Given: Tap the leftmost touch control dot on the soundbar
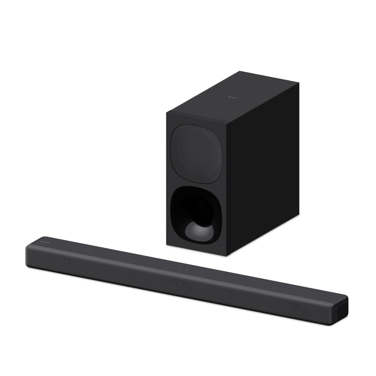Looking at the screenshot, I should coord(175,268).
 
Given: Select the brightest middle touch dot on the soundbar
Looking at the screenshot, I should coord(188,270).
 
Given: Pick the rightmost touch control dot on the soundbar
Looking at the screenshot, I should coord(200,271).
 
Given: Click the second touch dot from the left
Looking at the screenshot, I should coord(181,269).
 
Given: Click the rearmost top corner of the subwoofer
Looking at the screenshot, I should coord(240,72).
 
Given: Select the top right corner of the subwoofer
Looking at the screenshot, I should coord(299,86).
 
